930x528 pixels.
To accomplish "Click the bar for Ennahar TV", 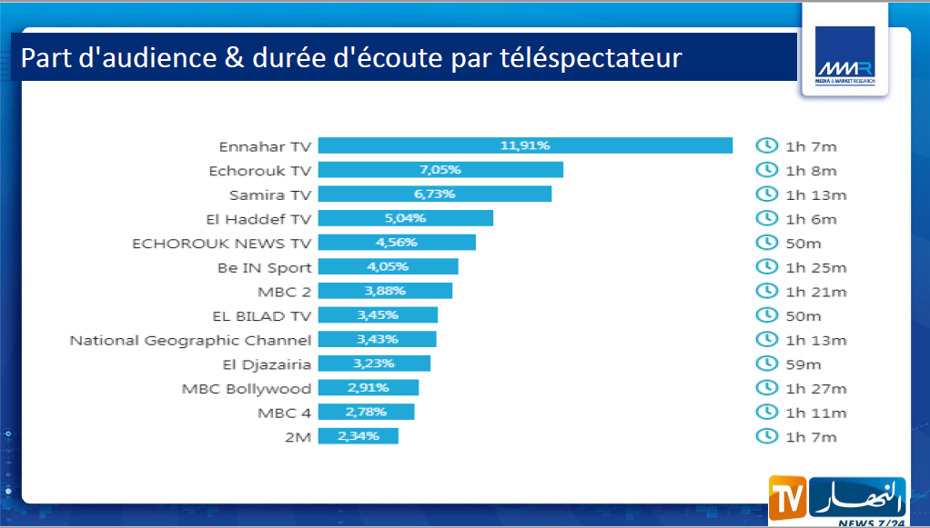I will coord(525,145).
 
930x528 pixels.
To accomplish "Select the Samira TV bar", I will coord(435,194).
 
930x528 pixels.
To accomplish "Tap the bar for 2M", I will coord(359,436).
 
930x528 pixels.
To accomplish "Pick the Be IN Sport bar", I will coord(389,267).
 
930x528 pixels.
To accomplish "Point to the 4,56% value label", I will coord(396,243).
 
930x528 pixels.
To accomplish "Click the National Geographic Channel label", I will coord(190,340).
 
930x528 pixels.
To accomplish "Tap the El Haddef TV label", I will coord(258,219).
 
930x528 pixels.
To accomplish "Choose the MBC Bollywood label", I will coord(246,388).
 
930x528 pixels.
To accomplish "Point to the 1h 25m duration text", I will coord(815,267).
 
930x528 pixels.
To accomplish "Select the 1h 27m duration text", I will coord(815,388).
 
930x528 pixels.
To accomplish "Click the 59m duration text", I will coord(804,364).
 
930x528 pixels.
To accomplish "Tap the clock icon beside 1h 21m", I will coord(767,291).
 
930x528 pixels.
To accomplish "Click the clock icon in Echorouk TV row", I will coord(767,170).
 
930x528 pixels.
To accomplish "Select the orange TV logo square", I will coord(787,498).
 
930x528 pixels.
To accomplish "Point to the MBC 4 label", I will coord(285,413).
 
